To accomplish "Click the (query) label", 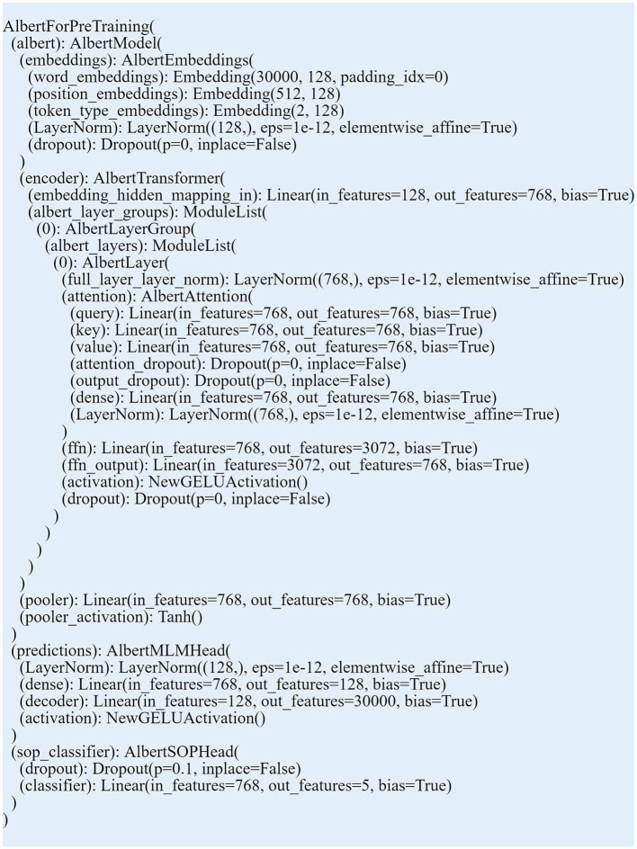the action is (x=97, y=313).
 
